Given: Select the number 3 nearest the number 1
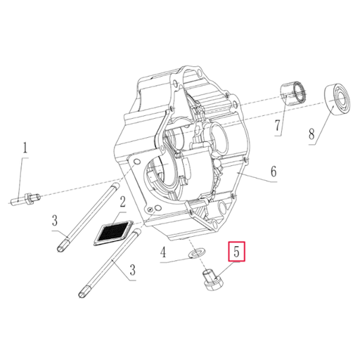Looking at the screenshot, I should pyautogui.click(x=54, y=221).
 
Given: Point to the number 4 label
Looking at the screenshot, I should pyautogui.click(x=163, y=252).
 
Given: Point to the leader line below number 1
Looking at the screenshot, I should pyautogui.click(x=24, y=176).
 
